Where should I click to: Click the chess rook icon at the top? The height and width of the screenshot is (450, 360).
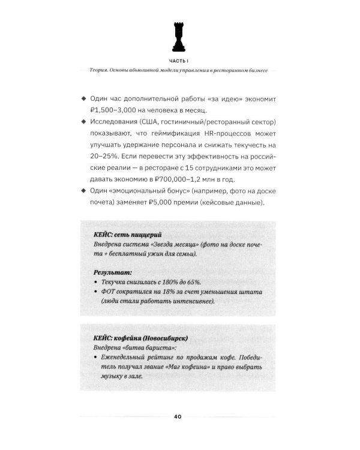pos(179,37)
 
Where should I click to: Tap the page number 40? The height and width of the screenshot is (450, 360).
pos(179,416)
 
